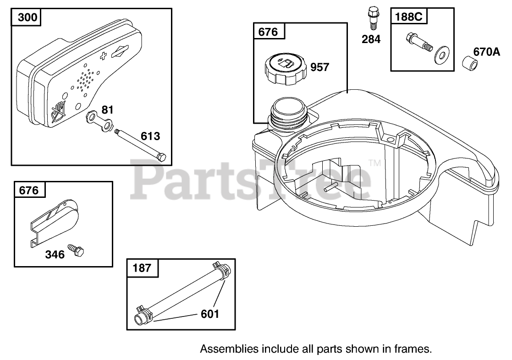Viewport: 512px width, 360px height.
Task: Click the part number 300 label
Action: [x=28, y=17]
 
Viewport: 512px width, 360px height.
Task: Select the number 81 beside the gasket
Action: [x=107, y=110]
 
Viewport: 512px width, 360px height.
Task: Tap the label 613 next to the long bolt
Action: [x=150, y=136]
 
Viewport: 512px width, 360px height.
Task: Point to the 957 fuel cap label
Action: [x=319, y=67]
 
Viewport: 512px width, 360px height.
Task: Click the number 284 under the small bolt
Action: [x=371, y=39]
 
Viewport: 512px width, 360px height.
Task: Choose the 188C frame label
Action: [x=408, y=16]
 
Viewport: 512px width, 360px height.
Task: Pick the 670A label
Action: [x=486, y=52]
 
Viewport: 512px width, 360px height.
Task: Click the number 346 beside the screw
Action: [x=55, y=254]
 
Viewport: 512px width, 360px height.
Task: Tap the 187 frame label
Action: [x=142, y=268]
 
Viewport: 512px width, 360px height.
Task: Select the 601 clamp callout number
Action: [x=210, y=314]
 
